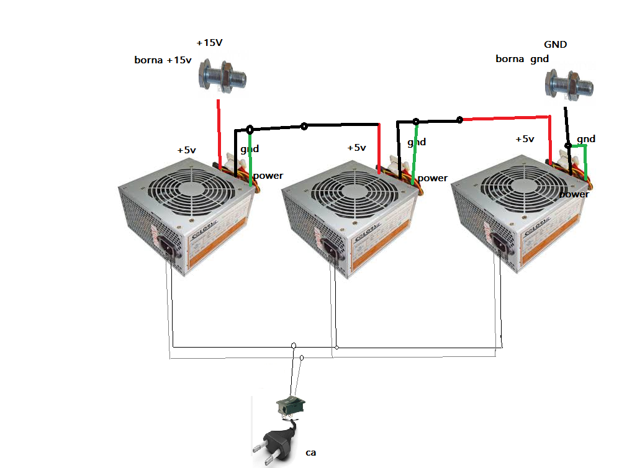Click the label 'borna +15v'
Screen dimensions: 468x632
point(163,60)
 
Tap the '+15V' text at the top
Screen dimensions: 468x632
point(209,43)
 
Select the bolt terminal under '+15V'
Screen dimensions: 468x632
point(222,79)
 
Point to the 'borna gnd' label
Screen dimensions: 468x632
point(522,59)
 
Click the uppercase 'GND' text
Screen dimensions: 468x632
point(556,45)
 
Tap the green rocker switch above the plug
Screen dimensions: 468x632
point(291,405)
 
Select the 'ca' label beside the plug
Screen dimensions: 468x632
point(311,452)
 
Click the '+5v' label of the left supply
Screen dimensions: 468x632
point(186,150)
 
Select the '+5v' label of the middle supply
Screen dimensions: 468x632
point(356,148)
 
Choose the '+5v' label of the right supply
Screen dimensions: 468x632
point(525,139)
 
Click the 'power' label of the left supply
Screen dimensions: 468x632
point(268,176)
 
